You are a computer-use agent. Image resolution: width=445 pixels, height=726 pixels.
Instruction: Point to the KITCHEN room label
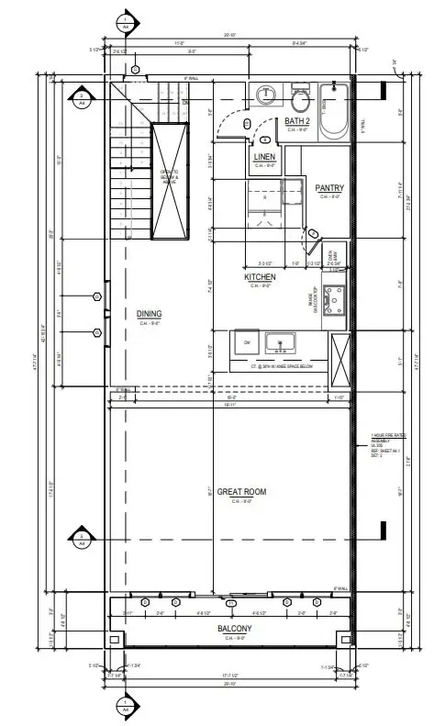260,276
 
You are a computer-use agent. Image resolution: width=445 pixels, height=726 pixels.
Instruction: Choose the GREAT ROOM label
242,493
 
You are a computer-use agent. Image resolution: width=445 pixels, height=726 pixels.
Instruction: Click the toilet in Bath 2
300,96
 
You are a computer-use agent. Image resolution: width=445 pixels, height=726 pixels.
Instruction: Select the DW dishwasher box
247,341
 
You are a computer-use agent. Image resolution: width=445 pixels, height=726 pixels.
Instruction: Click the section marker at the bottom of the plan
126,706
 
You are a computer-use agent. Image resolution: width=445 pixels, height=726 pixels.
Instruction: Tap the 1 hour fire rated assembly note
384,444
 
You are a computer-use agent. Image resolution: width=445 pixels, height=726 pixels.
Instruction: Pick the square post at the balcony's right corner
345,639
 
